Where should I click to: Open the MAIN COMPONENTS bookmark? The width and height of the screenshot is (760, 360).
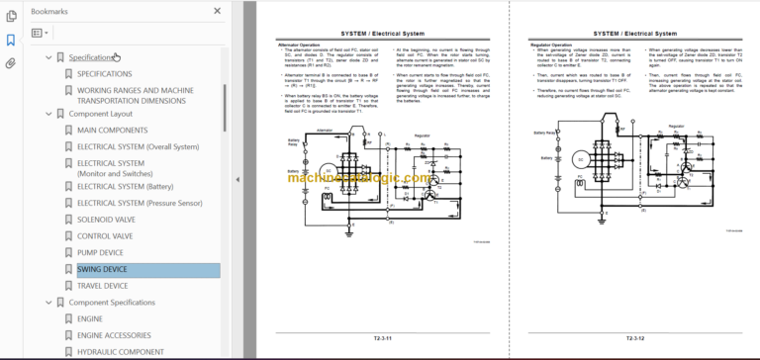pos(113,131)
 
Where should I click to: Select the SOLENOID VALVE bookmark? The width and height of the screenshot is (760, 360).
pos(106,219)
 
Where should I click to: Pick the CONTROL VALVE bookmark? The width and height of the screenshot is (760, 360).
pos(106,236)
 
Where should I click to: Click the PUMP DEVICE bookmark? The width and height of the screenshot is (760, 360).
pos(101,253)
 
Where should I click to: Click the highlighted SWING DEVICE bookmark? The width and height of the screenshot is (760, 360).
pos(102,270)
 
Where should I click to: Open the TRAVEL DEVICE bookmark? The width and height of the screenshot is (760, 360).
pos(102,286)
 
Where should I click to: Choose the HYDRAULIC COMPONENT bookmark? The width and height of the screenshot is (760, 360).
pos(121,352)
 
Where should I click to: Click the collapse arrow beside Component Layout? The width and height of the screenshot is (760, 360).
pos(47,114)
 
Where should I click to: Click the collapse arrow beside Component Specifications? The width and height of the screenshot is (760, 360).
pos(47,303)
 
